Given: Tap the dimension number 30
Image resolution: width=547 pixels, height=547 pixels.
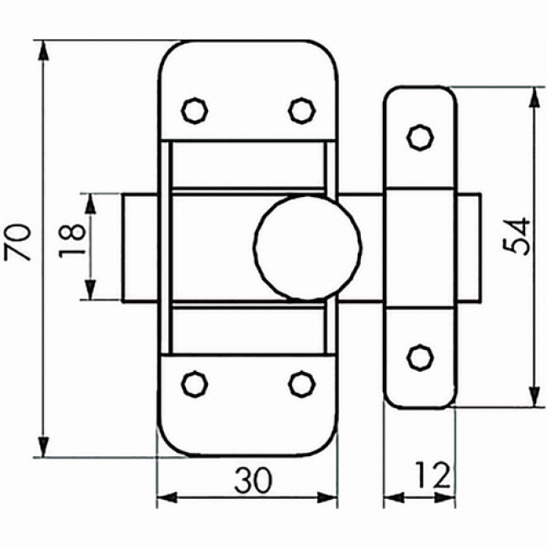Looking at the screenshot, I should point(252,481).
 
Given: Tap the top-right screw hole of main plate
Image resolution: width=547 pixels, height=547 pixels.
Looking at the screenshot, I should point(300,109).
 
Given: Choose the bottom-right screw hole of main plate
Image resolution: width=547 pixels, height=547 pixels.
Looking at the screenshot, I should point(300,384).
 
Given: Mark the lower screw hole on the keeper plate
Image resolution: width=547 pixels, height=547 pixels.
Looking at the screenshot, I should point(418,358).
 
